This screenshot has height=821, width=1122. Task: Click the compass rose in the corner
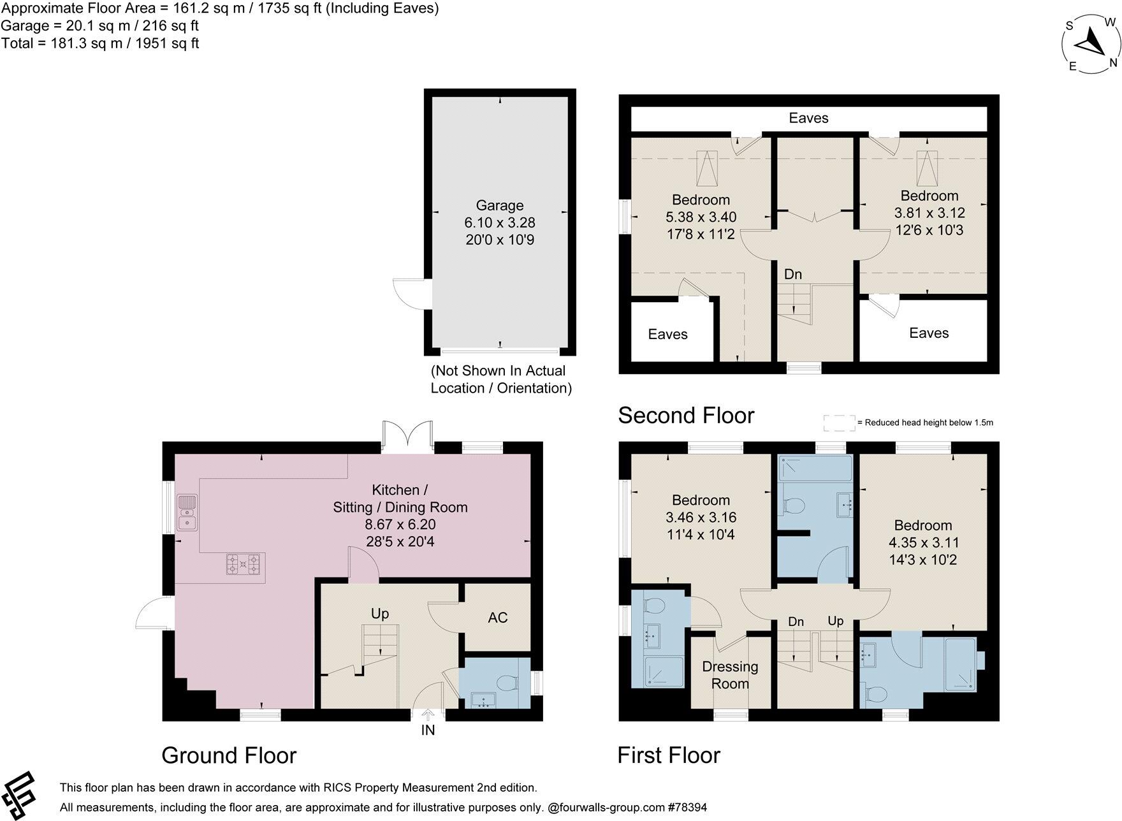coord(1091,45)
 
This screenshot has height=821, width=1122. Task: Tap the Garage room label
coord(500,205)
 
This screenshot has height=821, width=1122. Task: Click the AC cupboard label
coord(497,618)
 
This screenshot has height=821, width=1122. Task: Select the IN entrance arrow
coord(428,716)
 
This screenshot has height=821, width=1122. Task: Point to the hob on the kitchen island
coord(244,564)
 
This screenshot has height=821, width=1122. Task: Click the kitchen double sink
coord(187,512)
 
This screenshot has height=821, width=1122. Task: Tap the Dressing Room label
coord(730,675)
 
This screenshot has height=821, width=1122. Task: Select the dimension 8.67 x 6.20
coord(400,525)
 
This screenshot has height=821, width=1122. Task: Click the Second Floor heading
coord(686,415)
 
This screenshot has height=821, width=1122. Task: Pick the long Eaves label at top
coord(808,118)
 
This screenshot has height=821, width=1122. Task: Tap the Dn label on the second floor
coord(792,274)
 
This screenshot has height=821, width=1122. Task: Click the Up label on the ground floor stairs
coord(379,613)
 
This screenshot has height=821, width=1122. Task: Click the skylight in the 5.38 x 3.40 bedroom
coord(706,166)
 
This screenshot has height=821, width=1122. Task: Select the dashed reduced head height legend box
coord(838,423)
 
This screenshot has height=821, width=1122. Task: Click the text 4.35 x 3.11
coord(924,542)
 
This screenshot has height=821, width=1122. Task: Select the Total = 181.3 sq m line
coord(100,43)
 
